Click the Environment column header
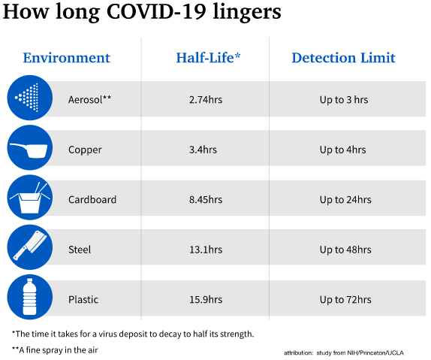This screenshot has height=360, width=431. pyautogui.click(x=67, y=58)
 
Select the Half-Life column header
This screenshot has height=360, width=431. pyautogui.click(x=208, y=58)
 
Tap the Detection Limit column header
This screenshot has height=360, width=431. pyautogui.click(x=344, y=58)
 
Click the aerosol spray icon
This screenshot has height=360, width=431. pyautogui.click(x=30, y=98)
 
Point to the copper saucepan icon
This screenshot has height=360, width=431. pyautogui.click(x=30, y=148)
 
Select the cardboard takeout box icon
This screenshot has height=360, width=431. pyautogui.click(x=30, y=198)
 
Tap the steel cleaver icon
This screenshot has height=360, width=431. pyautogui.click(x=30, y=247)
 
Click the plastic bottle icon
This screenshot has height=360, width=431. pyautogui.click(x=30, y=298)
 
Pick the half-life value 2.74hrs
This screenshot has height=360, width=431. pyautogui.click(x=206, y=100)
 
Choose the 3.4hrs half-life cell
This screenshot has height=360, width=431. pyautogui.click(x=203, y=150)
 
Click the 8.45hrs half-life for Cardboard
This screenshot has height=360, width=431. pyautogui.click(x=206, y=200)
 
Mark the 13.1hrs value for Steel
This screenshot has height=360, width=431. pyautogui.click(x=206, y=250)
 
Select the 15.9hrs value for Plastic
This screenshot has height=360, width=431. pyautogui.click(x=206, y=299)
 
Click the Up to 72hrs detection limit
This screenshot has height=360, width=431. pyautogui.click(x=345, y=300)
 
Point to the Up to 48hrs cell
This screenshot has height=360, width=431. pyautogui.click(x=345, y=250)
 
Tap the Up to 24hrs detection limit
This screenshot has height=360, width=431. pyautogui.click(x=345, y=200)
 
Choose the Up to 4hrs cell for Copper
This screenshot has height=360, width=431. pyautogui.click(x=342, y=150)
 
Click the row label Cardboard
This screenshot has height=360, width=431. pyautogui.click(x=92, y=200)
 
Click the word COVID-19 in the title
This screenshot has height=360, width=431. pyautogui.click(x=156, y=12)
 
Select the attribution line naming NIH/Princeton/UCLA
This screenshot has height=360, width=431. pyautogui.click(x=344, y=352)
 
